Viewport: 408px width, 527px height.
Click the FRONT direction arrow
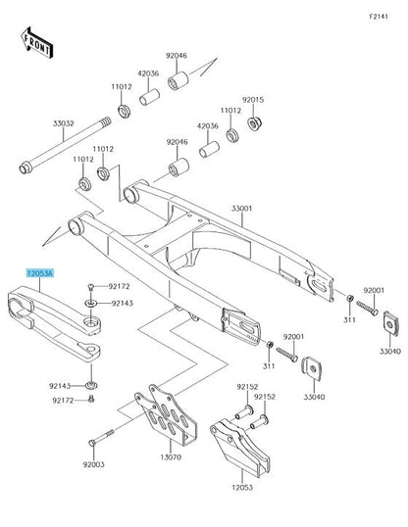click(37, 43)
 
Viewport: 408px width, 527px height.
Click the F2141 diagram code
click(379, 16)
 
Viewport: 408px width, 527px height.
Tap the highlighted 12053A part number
click(40, 273)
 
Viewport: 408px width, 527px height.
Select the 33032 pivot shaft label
click(64, 123)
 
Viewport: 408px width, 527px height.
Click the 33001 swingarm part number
click(241, 209)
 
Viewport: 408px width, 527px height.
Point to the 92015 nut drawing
click(254, 123)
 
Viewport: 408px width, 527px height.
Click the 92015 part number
click(253, 100)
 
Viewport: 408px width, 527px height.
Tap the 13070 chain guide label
click(171, 457)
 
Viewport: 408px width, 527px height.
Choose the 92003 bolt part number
click(93, 464)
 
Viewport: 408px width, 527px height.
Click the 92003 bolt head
click(92, 443)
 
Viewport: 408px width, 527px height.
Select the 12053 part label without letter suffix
click(242, 487)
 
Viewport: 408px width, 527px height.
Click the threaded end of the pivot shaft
click(105, 121)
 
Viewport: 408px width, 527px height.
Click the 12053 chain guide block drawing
click(239, 447)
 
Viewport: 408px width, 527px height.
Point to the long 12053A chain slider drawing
click(55, 323)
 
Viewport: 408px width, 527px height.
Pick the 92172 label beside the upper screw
click(119, 287)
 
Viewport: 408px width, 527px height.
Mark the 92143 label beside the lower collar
click(60, 386)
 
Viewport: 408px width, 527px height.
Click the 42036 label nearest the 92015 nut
click(208, 126)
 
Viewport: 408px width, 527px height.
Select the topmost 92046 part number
click(177, 56)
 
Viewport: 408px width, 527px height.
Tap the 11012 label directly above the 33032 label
click(122, 87)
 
